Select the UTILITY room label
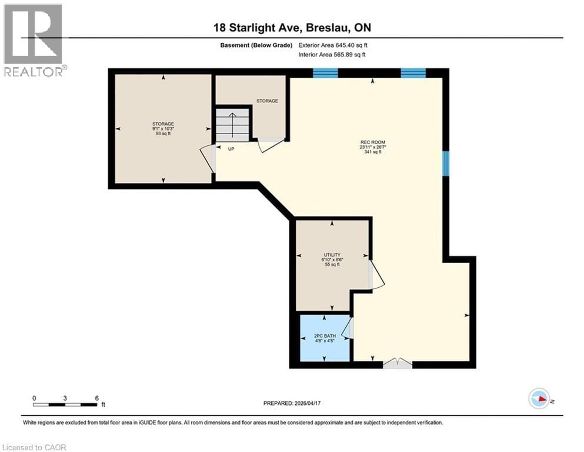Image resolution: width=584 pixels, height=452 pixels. click(x=332, y=255)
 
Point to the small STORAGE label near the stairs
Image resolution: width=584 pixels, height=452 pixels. click(x=266, y=101)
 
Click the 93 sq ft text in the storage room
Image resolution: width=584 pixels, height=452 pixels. click(x=163, y=133)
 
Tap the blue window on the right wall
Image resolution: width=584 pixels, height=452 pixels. click(x=446, y=163)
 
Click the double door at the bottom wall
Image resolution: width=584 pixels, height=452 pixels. click(x=398, y=364)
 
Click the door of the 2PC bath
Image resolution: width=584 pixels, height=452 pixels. click(x=348, y=328)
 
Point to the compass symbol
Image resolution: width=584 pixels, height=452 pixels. click(x=539, y=398)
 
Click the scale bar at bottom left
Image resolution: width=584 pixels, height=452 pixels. click(x=65, y=404)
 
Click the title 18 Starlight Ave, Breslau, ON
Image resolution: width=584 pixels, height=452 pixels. click(x=292, y=28)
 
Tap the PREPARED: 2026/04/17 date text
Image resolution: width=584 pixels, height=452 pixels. click(x=292, y=403)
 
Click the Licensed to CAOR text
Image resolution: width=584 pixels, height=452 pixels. click(x=34, y=447)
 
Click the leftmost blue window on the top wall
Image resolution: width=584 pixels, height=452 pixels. click(x=325, y=73)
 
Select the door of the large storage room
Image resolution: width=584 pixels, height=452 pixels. click(x=208, y=158)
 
